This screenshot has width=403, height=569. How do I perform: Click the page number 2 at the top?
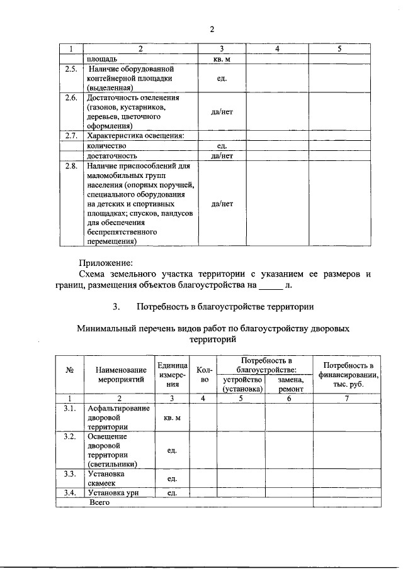[x=212, y=29]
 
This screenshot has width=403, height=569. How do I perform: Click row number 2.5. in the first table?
[x=71, y=69]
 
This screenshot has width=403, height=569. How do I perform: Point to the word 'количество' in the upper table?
[x=107, y=145]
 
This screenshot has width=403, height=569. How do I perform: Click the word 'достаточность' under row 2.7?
[x=112, y=155]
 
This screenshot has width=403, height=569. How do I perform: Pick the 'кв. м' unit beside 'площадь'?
[x=222, y=58]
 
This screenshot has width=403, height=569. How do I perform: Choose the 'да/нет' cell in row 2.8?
[x=222, y=204]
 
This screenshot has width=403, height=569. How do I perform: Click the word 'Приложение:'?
[x=106, y=262]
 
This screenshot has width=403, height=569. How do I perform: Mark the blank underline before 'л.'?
[x=272, y=285]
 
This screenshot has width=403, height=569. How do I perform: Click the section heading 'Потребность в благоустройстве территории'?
[x=224, y=307]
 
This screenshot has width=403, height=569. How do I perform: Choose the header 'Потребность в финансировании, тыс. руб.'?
[x=348, y=375]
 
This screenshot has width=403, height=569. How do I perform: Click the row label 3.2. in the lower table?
[x=71, y=436]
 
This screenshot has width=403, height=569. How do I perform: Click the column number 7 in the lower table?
[x=348, y=398]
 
